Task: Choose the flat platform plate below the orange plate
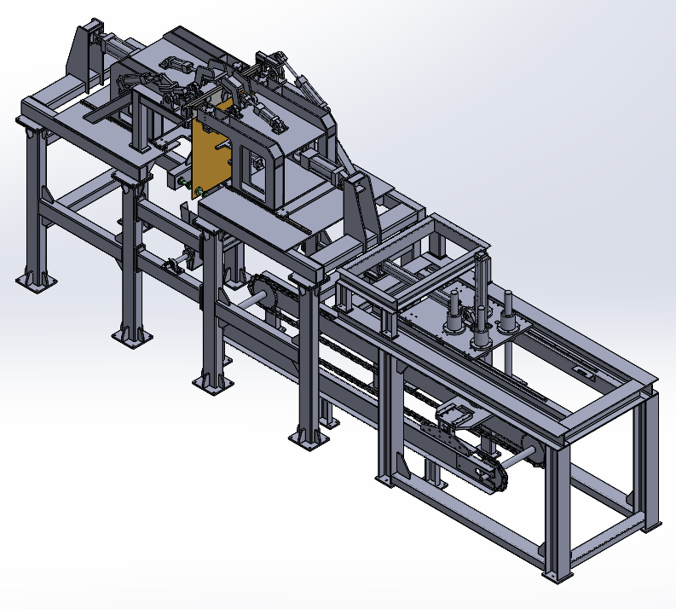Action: coord(256,218)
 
